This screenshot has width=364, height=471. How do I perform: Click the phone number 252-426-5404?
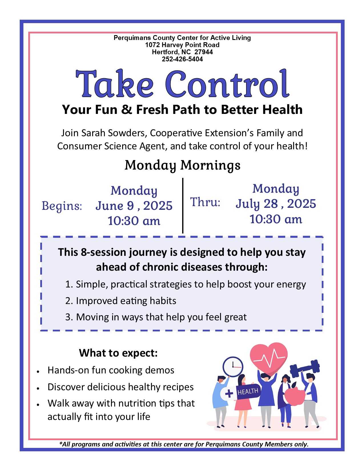pos(182,59)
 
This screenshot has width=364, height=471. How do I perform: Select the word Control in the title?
pos(227,83)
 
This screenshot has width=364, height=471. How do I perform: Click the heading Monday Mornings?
pos(182,165)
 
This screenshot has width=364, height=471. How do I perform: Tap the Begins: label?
pos(62,206)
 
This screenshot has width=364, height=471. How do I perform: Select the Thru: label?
pos(205,202)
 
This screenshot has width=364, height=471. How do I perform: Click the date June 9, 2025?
pos(134,206)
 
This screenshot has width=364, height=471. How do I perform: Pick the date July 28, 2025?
pos(276,204)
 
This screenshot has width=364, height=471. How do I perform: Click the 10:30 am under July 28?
pos(276,219)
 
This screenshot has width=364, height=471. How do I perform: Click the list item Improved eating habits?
pos(121,301)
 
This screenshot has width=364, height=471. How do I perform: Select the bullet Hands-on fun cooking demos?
pos(111,370)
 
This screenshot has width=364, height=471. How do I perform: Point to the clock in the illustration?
pos(233,367)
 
